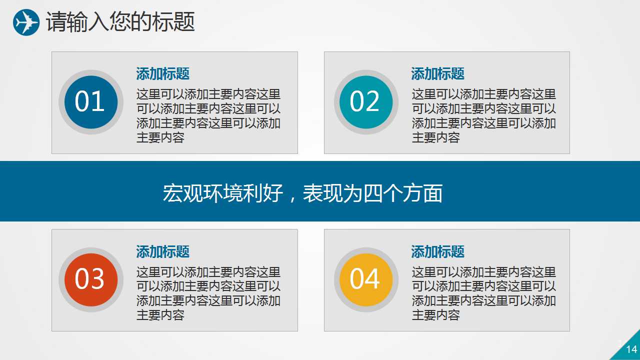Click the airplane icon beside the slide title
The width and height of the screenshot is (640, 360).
[26, 22]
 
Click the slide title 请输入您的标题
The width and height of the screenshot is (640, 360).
[120, 22]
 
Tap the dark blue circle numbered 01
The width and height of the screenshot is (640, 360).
[90, 102]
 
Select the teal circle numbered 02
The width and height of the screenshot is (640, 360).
[365, 102]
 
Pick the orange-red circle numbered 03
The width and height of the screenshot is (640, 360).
[90, 279]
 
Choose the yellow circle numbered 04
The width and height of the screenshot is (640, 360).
[365, 279]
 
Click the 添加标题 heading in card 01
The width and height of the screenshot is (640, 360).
[163, 74]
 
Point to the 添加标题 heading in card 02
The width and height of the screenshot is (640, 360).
[438, 74]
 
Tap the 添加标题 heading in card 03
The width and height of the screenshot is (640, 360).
[163, 251]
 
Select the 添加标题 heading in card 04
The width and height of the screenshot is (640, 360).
[438, 251]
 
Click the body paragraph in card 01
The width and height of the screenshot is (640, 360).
[208, 116]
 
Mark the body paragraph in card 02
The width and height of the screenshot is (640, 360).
[483, 116]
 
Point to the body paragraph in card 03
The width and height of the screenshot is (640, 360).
[208, 293]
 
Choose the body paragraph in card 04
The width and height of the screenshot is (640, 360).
[483, 293]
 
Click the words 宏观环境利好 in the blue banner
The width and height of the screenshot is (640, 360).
[223, 193]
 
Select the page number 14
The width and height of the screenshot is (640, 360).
[631, 349]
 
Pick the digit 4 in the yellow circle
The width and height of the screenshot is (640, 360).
[372, 279]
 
